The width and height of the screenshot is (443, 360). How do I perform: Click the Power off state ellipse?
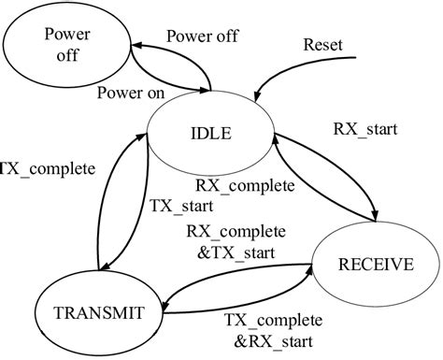[x=65, y=45]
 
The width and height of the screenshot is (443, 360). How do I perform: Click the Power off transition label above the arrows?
[x=202, y=36]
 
